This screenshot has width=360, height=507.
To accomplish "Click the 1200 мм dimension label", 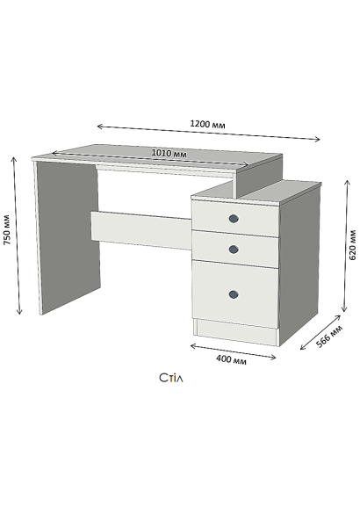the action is pyautogui.click(x=207, y=124).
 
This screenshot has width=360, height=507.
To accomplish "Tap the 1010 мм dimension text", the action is pyautogui.click(x=169, y=153).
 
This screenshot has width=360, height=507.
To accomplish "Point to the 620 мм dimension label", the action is pyautogui.click(x=353, y=245).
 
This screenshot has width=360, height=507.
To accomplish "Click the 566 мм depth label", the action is pyautogui.click(x=329, y=337).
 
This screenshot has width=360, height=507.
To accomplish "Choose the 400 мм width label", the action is pyautogui.click(x=231, y=359).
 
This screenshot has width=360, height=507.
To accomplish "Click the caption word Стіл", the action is pyautogui.click(x=171, y=378).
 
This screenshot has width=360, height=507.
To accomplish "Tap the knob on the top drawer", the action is pyautogui.click(x=234, y=219).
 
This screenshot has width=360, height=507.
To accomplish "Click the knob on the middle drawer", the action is pyautogui.click(x=234, y=250).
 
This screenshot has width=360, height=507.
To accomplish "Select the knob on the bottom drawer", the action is pyautogui.click(x=234, y=294).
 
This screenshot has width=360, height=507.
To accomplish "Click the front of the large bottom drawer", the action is pyautogui.click(x=235, y=293).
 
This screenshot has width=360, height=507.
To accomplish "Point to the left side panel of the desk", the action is pyautogui.click(x=68, y=236).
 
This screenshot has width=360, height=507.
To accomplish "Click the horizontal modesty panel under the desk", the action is pyautogui.click(x=141, y=230).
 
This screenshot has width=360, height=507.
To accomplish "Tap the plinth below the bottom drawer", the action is pyautogui.click(x=236, y=332).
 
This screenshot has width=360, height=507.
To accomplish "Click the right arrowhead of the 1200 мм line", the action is pyautogui.click(x=320, y=140).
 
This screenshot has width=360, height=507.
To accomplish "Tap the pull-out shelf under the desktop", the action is pyautogui.click(x=165, y=170).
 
